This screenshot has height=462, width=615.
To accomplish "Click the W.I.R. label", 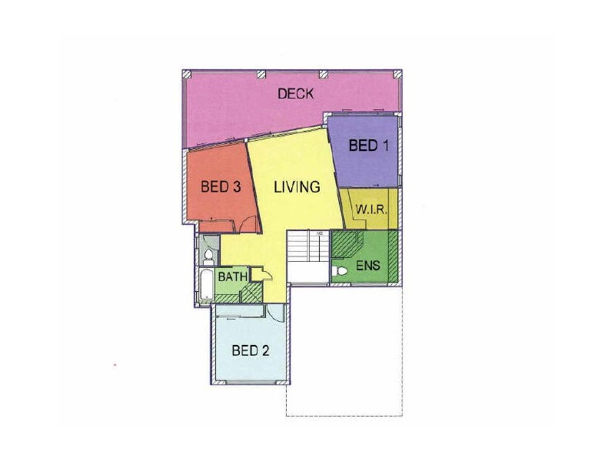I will (371, 210).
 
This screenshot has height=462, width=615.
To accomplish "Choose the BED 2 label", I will (251, 351).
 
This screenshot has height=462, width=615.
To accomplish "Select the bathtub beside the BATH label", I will (205, 285).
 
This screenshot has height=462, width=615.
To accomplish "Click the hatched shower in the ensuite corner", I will (347, 245).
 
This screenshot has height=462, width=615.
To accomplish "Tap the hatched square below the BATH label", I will (250, 293).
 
